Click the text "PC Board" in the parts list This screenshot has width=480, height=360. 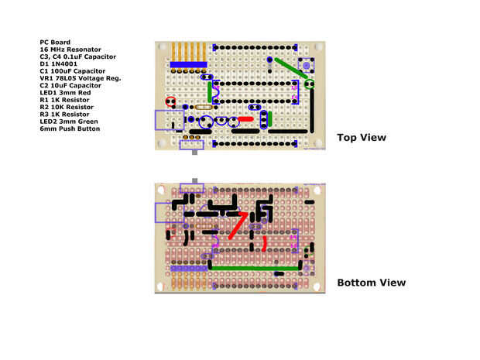[x=55, y=42]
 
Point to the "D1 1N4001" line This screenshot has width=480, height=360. [x=59, y=63]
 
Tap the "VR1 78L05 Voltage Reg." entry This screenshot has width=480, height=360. [x=80, y=78]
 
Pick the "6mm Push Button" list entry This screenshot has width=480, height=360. [x=70, y=128]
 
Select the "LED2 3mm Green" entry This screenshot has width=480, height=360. [x=69, y=121]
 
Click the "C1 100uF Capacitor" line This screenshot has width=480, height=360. [x=74, y=70]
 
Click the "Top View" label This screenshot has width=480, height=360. [x=362, y=138]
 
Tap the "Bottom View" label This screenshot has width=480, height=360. [x=371, y=283]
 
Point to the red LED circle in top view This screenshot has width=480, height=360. [x=170, y=101]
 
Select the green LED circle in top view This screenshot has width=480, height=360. [x=310, y=82]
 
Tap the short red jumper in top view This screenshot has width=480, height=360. [x=245, y=119]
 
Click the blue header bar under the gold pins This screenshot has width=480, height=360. [x=189, y=64]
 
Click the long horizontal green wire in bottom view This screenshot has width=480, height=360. [x=256, y=267]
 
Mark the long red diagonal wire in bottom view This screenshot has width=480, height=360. [x=237, y=225]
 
